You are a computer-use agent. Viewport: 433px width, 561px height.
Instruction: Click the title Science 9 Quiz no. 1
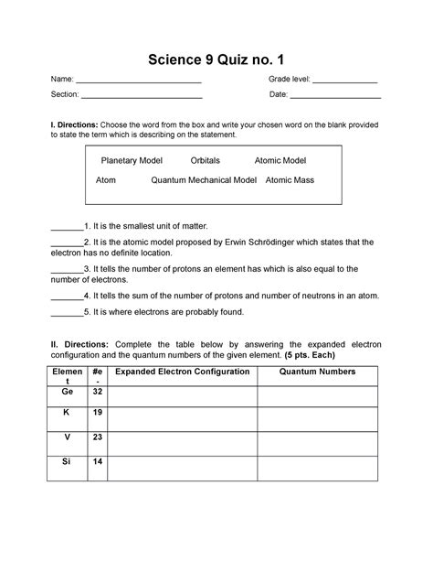216,61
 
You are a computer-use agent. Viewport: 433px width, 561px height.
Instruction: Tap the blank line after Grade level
345,84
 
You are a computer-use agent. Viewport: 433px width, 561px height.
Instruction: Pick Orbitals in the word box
205,160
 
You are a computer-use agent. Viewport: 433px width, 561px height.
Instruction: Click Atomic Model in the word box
280,160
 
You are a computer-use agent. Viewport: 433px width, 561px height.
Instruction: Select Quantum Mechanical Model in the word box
204,180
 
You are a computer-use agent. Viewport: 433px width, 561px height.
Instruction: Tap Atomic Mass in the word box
290,180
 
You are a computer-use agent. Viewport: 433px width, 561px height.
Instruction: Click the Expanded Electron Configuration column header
182,372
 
